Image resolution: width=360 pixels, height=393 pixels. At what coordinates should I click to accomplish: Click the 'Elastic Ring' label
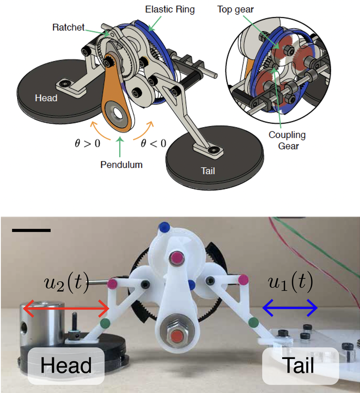(x=169, y=9)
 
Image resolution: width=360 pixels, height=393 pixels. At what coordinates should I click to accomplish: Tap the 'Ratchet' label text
(x=68, y=28)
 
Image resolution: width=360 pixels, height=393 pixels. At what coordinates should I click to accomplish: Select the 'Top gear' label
(x=235, y=9)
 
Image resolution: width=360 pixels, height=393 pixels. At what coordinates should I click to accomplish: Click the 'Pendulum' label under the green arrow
(x=121, y=165)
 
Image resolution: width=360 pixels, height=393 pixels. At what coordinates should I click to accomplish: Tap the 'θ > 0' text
(x=86, y=143)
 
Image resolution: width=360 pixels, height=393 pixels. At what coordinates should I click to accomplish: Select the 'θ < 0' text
(x=153, y=143)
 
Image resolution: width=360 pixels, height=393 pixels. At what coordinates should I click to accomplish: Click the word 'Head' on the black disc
(x=46, y=98)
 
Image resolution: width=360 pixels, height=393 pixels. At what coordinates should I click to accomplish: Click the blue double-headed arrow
(x=290, y=308)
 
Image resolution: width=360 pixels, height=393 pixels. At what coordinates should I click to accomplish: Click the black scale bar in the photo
(x=31, y=230)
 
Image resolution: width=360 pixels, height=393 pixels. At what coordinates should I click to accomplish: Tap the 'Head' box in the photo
(x=66, y=365)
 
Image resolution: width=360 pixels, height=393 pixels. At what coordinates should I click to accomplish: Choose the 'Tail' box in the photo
(x=300, y=365)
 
